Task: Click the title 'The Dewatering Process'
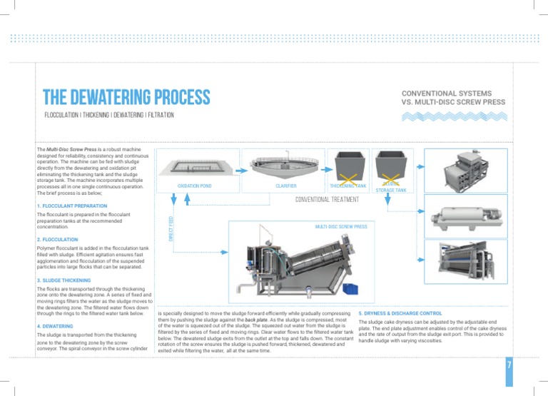tap(126, 97)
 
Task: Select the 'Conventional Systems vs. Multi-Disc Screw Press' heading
tap(453, 98)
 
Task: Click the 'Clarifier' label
tap(285, 186)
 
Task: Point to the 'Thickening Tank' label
tap(348, 186)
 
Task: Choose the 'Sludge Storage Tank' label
tap(391, 187)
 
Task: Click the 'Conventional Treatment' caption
tap(327, 200)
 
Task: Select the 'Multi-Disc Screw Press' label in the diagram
tap(341, 226)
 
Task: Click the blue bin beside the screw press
tap(350, 289)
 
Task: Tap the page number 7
tap(509, 365)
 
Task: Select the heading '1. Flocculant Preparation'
tap(71, 205)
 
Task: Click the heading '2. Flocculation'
tap(57, 240)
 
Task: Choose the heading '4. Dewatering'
tap(55, 326)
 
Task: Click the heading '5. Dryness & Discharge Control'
tap(400, 313)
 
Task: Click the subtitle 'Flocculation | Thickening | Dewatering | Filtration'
tap(108, 115)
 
